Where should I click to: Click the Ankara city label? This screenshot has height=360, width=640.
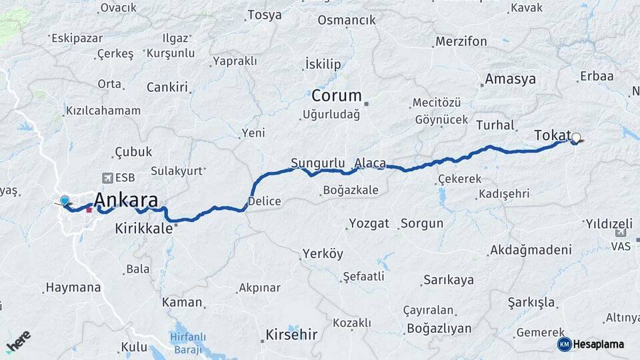click(x=126, y=200)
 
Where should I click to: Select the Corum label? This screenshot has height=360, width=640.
click(x=337, y=95)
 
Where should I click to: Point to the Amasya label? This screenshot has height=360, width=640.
click(x=510, y=79)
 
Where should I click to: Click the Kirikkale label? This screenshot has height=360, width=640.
click(x=143, y=228)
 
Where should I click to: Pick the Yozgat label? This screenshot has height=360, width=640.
click(x=369, y=223)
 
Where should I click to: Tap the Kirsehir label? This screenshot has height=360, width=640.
click(x=291, y=334)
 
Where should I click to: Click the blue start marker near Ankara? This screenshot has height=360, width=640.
click(x=65, y=201)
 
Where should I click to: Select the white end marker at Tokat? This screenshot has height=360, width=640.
click(x=576, y=138)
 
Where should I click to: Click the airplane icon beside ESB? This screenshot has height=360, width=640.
click(x=107, y=177)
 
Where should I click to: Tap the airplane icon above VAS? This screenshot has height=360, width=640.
click(x=621, y=233)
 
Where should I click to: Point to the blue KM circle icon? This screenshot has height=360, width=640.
click(x=564, y=344)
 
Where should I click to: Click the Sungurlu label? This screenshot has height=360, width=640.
click(x=317, y=163)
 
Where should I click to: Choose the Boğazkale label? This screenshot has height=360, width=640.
click(x=350, y=190)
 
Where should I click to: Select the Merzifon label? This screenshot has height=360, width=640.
click(x=461, y=41)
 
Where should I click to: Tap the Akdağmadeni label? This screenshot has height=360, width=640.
click(x=531, y=250)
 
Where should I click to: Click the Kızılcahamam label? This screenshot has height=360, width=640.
click(x=103, y=111)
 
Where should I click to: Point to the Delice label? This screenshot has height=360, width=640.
click(x=264, y=201)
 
